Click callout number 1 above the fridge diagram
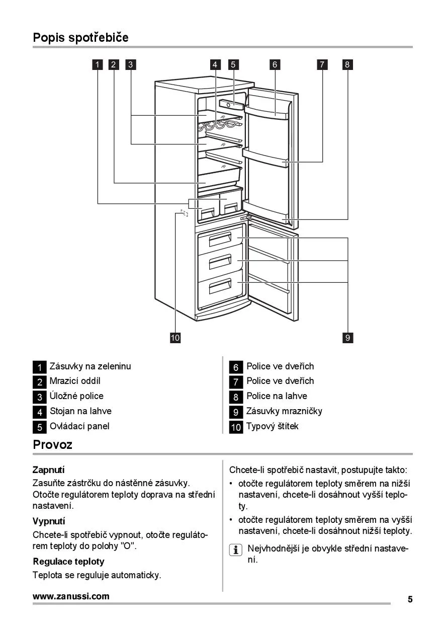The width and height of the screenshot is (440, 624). tap(98, 64)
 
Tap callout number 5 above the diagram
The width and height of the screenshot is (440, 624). tap(233, 64)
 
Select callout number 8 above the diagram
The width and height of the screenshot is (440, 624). tap(347, 64)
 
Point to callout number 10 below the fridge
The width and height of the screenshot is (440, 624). tap(175, 338)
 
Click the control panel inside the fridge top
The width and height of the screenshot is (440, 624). tap(231, 104)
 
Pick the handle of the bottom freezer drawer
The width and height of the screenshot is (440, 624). tap(220, 286)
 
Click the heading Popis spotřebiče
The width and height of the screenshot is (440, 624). tap(80, 37)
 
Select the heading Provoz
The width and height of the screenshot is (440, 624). tap(53, 444)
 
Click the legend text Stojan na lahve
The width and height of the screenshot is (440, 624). tap(80, 411)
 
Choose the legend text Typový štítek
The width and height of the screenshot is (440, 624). tap(272, 426)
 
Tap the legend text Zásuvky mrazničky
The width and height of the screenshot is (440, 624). tap(284, 411)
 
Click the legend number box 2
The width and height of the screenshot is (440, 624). tap(40, 382)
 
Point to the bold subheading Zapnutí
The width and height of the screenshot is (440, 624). tap(49, 470)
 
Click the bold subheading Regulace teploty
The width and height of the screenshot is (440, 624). tap(69, 561)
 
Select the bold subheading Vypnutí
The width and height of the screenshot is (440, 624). tap(49, 521)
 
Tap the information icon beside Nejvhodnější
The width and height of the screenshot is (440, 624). tap(235, 550)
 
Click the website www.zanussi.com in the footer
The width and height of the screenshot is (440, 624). tap(71, 596)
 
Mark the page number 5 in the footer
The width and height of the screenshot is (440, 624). tap(410, 599)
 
